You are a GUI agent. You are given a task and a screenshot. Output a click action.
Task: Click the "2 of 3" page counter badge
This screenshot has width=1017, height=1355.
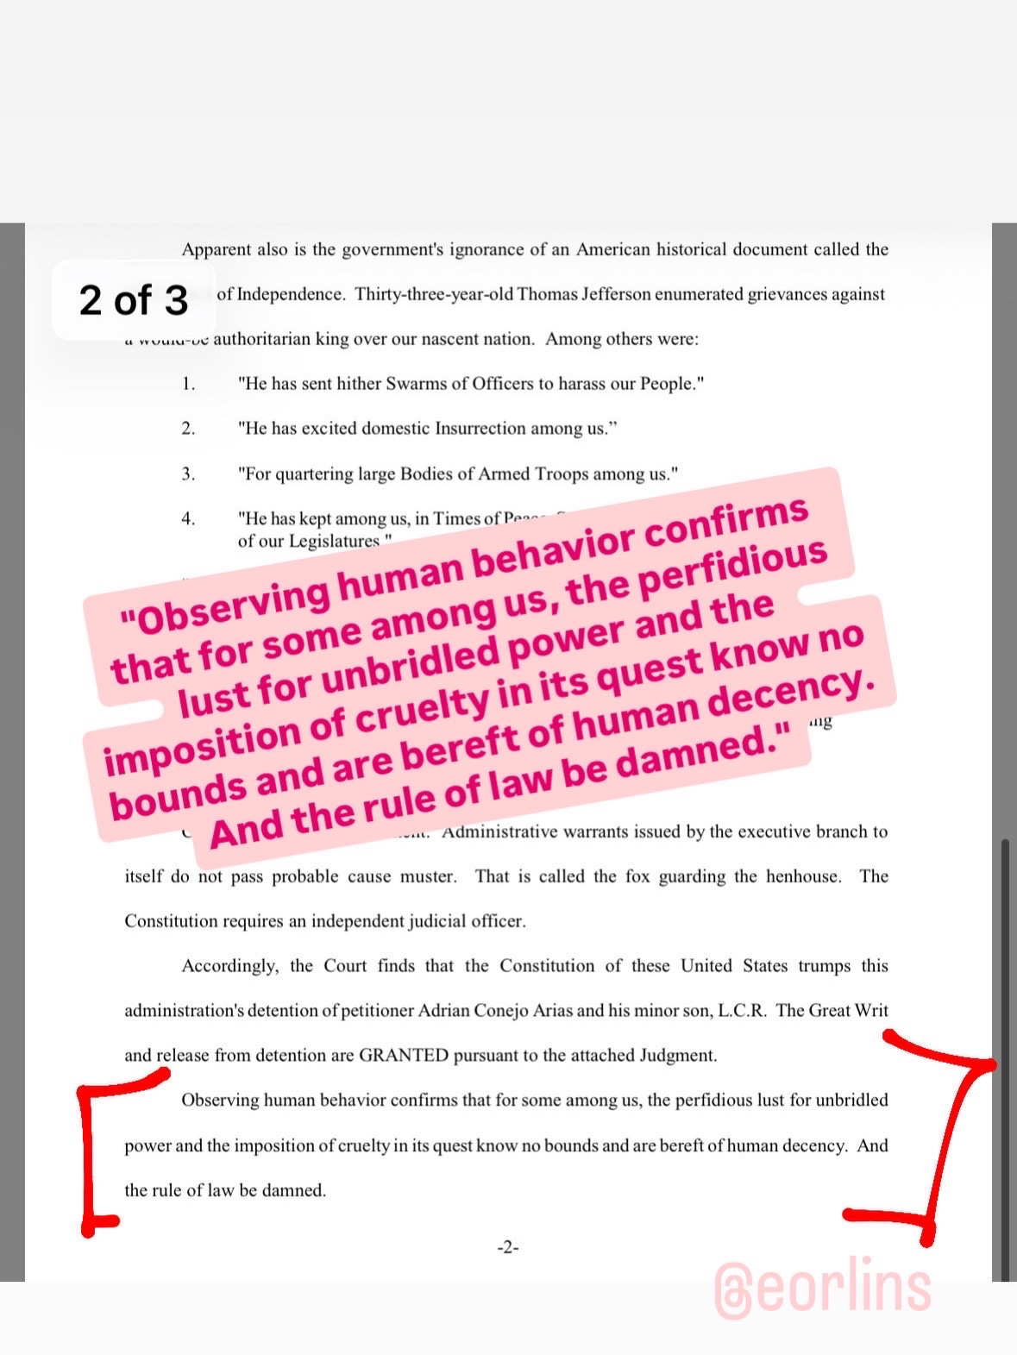coord(133,299)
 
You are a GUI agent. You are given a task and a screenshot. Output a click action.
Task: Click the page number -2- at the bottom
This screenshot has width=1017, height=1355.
coord(507,1247)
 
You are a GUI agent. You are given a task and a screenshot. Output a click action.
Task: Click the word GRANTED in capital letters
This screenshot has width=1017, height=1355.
coord(404,1055)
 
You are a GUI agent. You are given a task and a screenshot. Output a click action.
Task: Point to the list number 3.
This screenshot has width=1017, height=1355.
coord(188,474)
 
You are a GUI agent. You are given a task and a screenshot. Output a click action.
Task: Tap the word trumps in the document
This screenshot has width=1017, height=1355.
coord(824,965)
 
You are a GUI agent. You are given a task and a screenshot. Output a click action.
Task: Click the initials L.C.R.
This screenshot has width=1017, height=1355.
coord(742,1010)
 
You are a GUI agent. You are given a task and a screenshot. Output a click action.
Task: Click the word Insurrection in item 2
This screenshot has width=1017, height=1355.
coord(480,429)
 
